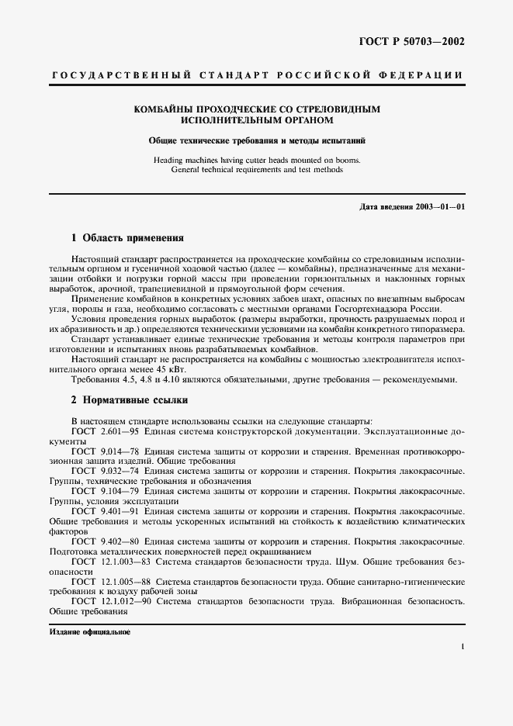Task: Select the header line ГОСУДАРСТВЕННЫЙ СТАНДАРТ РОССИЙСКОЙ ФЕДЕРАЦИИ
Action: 257,75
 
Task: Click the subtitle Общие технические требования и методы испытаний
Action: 257,140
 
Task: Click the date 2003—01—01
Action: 440,207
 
